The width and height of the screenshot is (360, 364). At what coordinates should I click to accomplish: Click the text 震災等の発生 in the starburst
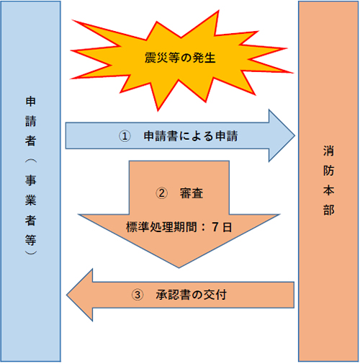(x=180, y=58)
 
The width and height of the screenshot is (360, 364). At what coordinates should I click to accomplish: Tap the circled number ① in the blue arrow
(x=125, y=136)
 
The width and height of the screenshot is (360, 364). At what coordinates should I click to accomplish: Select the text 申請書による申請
(x=191, y=136)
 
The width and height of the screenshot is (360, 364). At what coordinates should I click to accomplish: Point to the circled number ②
(x=161, y=193)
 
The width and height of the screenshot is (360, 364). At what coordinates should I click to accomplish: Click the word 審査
(x=192, y=193)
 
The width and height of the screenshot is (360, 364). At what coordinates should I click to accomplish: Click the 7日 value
(x=222, y=227)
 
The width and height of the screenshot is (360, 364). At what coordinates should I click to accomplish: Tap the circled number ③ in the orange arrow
(x=138, y=295)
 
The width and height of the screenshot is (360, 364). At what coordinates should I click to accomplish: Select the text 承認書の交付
(x=192, y=295)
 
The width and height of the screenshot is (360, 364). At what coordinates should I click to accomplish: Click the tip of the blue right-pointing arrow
(x=294, y=136)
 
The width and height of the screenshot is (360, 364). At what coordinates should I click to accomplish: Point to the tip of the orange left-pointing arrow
(x=67, y=295)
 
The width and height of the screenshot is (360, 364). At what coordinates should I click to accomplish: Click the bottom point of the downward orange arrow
(x=179, y=267)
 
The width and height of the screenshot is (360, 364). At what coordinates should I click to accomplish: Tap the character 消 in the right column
(x=328, y=151)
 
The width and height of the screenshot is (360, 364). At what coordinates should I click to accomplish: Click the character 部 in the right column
(x=328, y=210)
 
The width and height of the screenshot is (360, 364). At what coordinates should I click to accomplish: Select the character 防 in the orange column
(x=328, y=171)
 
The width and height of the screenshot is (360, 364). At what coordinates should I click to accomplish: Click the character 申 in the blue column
(x=31, y=102)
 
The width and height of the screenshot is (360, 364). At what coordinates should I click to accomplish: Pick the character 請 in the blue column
(x=31, y=121)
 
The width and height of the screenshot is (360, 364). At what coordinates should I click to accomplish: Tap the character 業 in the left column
(x=31, y=200)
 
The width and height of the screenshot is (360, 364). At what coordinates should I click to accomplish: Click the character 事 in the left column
(x=31, y=180)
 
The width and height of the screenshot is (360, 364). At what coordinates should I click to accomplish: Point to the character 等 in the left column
(x=31, y=240)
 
